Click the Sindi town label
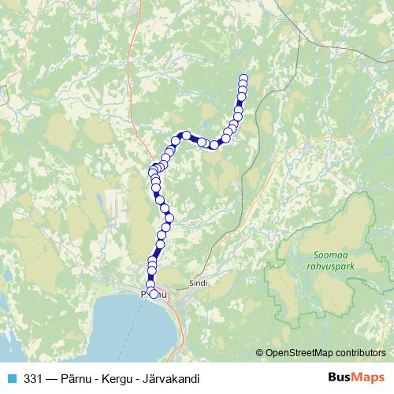[198, 282]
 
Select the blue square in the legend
[11, 379]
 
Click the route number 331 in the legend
[34, 379]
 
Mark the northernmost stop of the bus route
[243, 78]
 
